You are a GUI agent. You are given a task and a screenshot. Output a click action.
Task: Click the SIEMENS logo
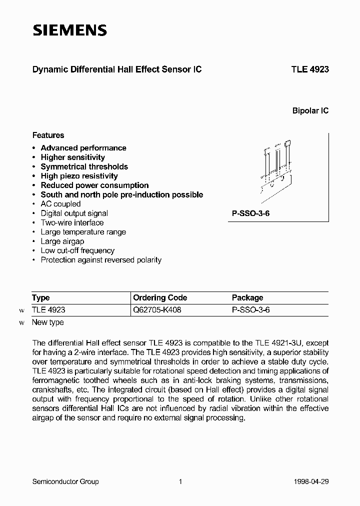click(x=70, y=30)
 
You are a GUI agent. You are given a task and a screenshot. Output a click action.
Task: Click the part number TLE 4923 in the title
click(x=309, y=70)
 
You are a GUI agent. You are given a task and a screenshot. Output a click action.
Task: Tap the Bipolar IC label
click(x=310, y=111)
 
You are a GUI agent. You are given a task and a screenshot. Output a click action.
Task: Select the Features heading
click(x=48, y=135)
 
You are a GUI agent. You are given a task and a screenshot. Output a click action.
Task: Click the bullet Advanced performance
click(x=83, y=148)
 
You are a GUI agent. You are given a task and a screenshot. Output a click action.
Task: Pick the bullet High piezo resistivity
click(x=79, y=176)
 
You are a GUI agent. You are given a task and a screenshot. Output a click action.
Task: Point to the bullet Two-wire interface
click(x=72, y=222)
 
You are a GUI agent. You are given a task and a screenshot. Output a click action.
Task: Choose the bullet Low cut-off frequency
click(x=77, y=250)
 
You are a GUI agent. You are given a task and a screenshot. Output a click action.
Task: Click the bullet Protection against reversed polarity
click(x=101, y=260)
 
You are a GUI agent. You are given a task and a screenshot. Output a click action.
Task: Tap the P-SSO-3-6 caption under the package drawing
click(x=250, y=213)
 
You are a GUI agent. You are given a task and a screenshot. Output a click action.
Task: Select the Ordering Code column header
click(x=160, y=297)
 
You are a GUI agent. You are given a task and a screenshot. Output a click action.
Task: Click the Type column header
click(x=40, y=297)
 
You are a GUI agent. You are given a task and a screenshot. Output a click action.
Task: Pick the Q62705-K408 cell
click(x=157, y=310)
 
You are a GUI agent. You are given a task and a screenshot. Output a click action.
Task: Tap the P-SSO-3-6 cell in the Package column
click(x=251, y=310)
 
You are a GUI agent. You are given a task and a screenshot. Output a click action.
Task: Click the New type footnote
click(x=47, y=322)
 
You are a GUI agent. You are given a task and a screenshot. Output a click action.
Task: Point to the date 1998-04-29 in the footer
click(x=312, y=481)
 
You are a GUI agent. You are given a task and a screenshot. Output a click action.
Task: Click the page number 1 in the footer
click(x=180, y=481)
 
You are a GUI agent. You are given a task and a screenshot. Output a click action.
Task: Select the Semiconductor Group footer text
click(x=65, y=481)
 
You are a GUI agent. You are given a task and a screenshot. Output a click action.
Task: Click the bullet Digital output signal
click(x=74, y=213)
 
